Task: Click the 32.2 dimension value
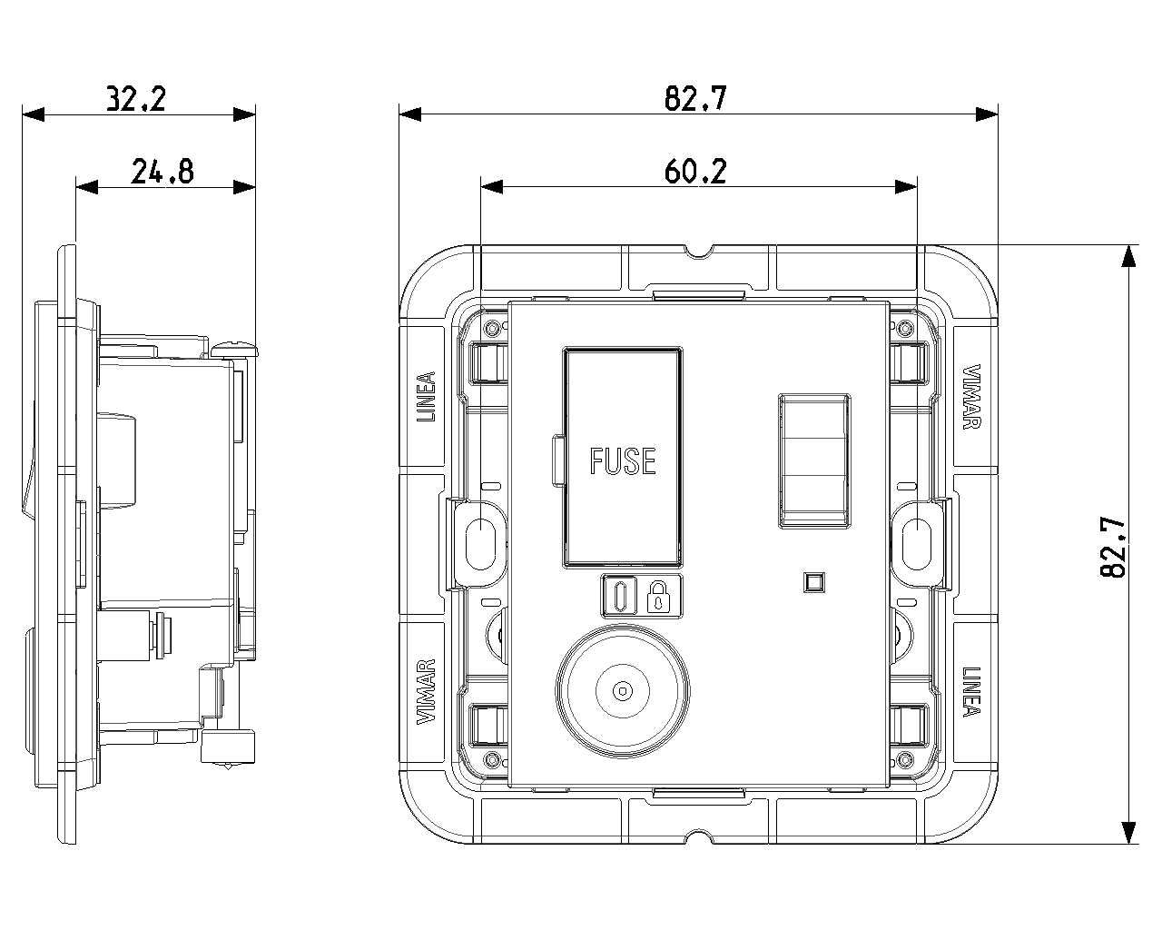click(x=136, y=98)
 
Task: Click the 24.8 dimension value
click(x=162, y=171)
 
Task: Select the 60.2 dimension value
click(x=695, y=171)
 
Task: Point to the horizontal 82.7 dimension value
click(x=695, y=98)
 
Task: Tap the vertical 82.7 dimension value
click(x=1113, y=548)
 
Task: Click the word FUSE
click(x=623, y=461)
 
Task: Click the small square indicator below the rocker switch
click(x=814, y=581)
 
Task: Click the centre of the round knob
click(x=623, y=691)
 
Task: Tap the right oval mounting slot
click(x=916, y=543)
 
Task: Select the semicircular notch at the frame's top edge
click(x=697, y=250)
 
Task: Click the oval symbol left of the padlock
click(x=621, y=597)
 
